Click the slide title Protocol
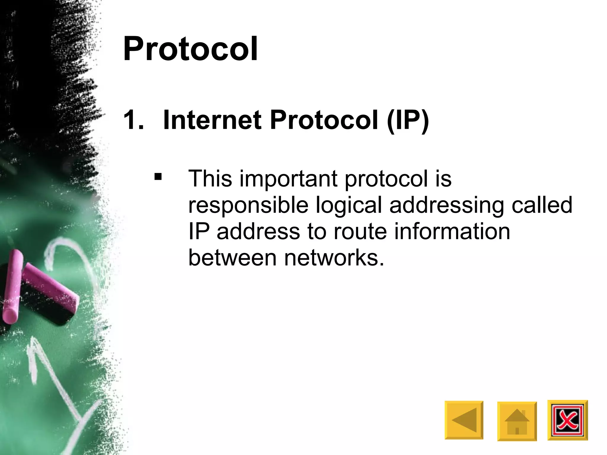click(190, 49)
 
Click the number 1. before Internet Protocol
click(133, 120)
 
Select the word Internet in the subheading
click(212, 120)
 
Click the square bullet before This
click(158, 177)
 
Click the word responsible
click(248, 205)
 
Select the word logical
click(349, 206)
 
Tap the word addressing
click(447, 206)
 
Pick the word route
click(360, 232)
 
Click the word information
click(452, 232)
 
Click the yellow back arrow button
click(464, 420)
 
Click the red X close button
click(567, 420)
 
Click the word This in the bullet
click(210, 179)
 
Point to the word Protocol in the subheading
click(324, 120)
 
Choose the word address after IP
click(258, 232)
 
